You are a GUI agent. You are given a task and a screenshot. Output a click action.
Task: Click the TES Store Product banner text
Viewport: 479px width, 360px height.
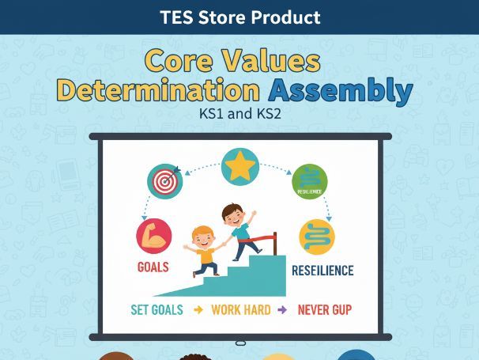coord(239,17)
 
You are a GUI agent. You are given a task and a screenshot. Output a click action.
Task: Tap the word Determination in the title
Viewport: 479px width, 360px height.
coord(157,91)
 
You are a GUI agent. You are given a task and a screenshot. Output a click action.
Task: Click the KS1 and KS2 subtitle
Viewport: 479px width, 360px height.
coord(239,113)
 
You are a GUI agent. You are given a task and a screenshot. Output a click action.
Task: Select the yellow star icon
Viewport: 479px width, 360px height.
coord(239,167)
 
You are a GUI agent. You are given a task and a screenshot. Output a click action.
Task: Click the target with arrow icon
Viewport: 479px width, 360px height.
coord(164,181)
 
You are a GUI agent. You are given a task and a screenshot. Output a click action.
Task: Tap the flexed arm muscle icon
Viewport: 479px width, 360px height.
coord(153,236)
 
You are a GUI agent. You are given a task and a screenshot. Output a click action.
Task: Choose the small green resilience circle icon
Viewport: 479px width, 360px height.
coord(309,180)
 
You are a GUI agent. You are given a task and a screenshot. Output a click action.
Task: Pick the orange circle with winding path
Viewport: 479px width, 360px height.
coord(317,236)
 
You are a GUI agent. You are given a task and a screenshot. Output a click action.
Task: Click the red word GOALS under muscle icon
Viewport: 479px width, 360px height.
coord(153,267)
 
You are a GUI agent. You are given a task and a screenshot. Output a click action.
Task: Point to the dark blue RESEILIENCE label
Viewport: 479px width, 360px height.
coord(322,271)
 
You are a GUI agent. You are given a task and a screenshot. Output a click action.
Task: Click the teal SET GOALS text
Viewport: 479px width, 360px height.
coord(157,309)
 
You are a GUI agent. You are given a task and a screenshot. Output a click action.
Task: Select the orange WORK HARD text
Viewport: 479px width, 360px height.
coord(241,309)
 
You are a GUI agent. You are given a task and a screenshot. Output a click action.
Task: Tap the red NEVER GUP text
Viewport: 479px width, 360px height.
coord(324,309)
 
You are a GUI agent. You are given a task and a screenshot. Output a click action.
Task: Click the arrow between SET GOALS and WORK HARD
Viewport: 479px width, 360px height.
coord(199,309)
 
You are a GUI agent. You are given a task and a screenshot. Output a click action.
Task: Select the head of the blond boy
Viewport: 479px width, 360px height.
coord(203,237)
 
